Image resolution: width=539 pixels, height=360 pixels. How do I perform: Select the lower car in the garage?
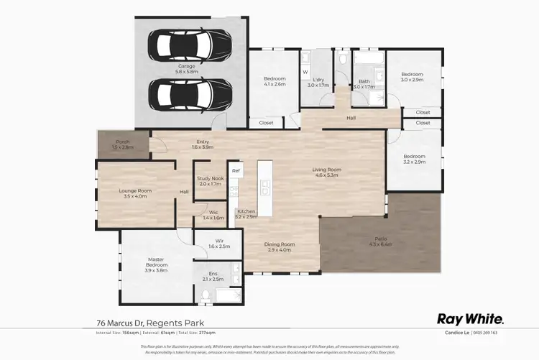click(x=183, y=91)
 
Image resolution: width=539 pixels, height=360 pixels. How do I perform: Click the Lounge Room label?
click(x=135, y=193)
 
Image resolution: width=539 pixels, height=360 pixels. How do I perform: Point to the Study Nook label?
click(x=211, y=181)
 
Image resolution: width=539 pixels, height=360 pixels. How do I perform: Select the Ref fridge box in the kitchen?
click(x=235, y=171)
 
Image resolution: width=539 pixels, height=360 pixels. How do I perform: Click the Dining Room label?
click(x=281, y=246)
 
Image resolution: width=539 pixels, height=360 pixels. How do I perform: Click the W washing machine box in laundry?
click(x=305, y=72)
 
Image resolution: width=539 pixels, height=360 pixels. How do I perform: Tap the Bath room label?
click(x=364, y=83)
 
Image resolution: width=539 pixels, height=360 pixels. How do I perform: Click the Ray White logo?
click(x=471, y=318)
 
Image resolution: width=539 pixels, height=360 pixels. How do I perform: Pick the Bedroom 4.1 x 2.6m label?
click(x=275, y=81)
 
